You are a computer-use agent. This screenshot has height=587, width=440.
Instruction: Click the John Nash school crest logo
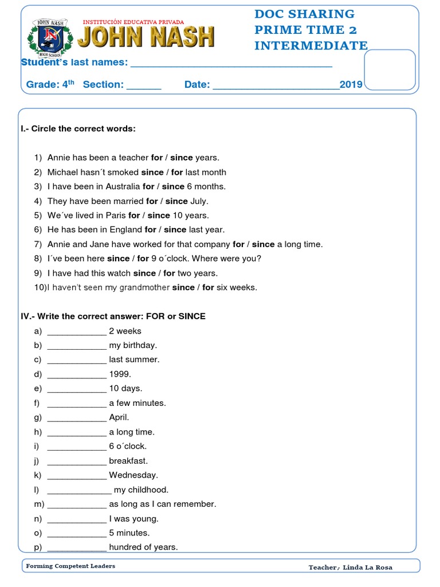click(50, 38)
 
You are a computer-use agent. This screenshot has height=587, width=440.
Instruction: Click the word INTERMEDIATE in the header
click(311, 45)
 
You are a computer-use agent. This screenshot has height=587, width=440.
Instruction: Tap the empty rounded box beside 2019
click(390, 69)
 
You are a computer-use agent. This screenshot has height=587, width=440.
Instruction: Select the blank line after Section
click(143, 86)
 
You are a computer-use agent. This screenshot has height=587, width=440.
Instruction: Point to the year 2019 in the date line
click(351, 85)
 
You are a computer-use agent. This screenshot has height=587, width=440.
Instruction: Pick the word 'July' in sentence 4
click(199, 201)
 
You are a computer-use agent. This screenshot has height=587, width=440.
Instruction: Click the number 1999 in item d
click(120, 374)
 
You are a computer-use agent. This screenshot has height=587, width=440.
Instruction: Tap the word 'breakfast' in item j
click(128, 461)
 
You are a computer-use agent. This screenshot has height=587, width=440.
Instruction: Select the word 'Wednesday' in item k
click(133, 475)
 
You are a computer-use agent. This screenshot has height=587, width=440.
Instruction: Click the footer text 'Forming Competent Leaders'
click(70, 566)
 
